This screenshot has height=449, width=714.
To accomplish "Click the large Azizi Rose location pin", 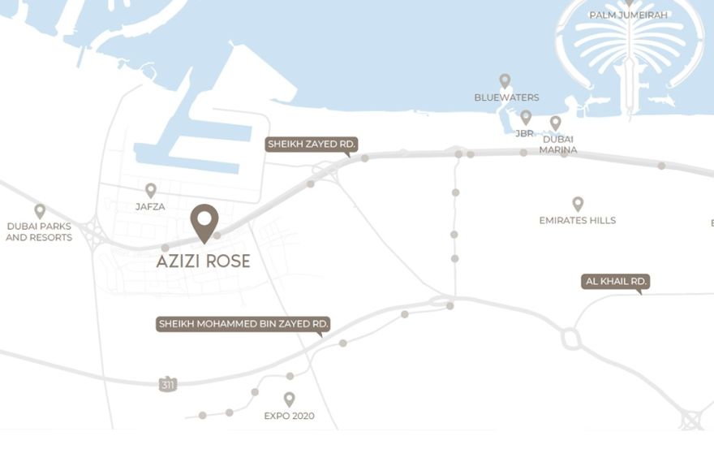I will (204, 222).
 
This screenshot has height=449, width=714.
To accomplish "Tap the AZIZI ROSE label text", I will (203, 261).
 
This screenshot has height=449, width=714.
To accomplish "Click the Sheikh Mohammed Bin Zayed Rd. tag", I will (243, 325).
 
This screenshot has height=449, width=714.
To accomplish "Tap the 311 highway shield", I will (168, 384).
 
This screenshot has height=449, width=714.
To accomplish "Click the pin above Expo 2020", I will (289, 399).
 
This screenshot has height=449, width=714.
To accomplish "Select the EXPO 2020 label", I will (289, 417).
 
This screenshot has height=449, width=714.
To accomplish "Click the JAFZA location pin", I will (150, 190).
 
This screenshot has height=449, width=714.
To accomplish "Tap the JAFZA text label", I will (150, 207).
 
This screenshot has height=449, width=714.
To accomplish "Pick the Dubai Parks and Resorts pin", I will (39, 211).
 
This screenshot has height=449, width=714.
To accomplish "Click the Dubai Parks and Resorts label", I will (39, 232).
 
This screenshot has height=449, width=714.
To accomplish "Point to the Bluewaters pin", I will (505, 80).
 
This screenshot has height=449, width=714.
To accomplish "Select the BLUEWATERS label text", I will (506, 98).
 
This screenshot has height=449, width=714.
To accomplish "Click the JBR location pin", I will (526, 117).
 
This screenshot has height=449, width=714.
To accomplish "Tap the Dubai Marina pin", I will (555, 123).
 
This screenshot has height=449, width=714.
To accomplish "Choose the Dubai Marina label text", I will (559, 145).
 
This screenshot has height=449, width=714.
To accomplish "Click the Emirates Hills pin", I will (578, 203).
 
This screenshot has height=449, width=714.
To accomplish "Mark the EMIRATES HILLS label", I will (578, 221).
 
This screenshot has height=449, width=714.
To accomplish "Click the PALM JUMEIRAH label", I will (629, 15).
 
